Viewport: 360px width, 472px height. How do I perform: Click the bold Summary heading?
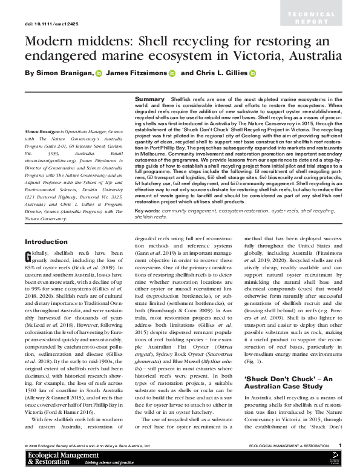149,98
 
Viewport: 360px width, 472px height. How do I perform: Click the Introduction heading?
46,242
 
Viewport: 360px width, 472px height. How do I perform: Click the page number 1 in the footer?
341,445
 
